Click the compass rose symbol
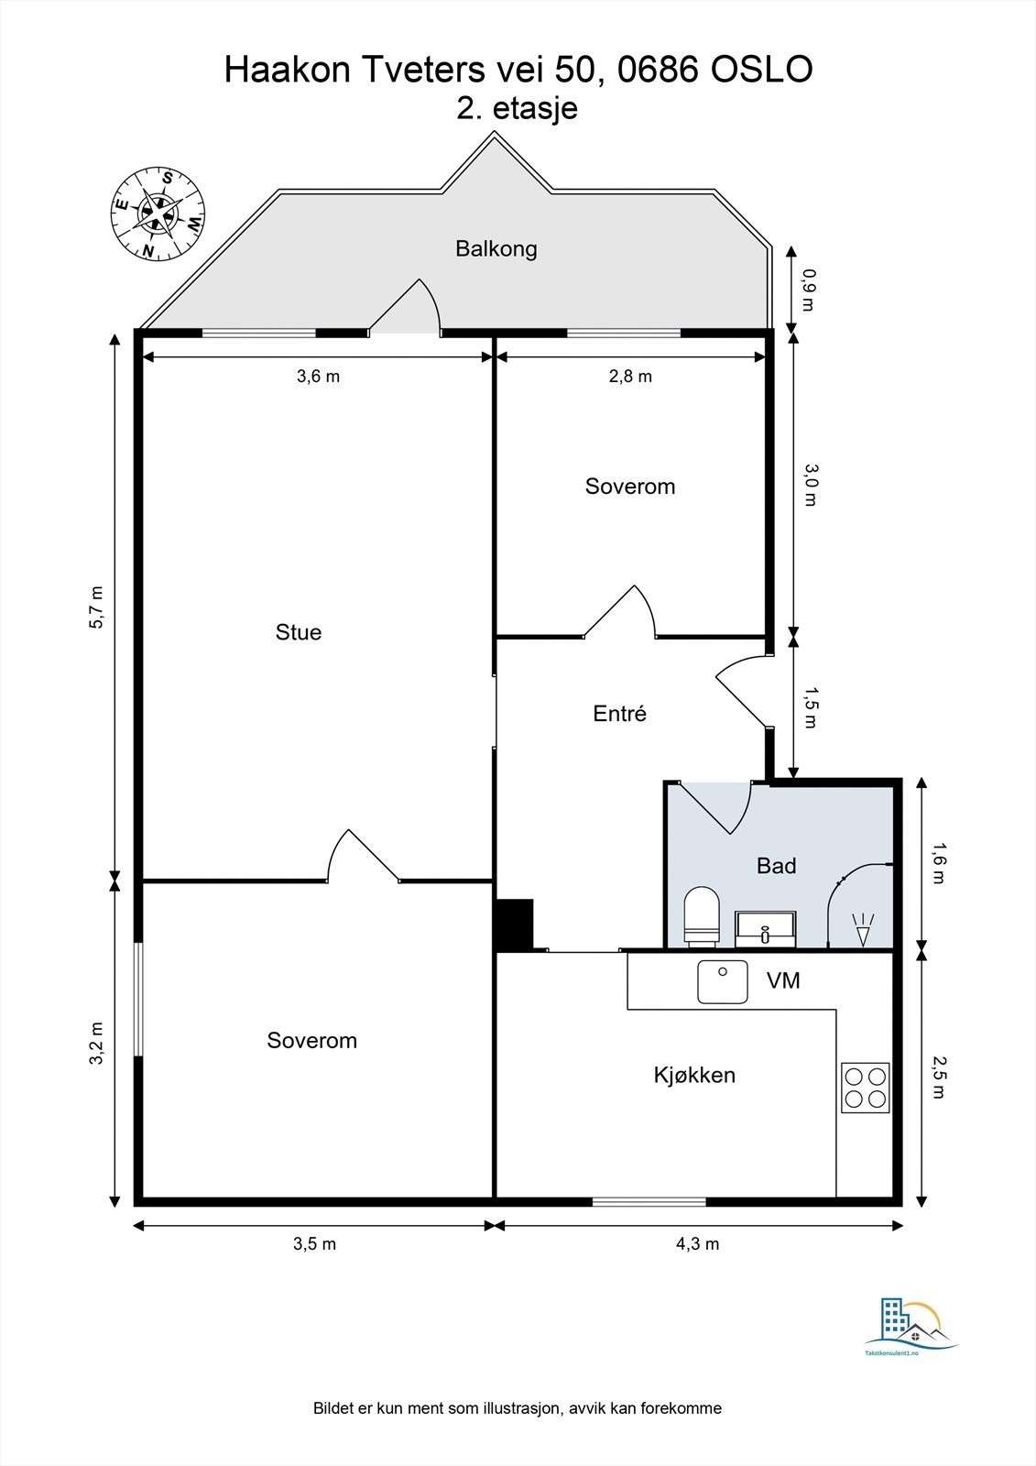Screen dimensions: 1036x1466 click(x=157, y=213)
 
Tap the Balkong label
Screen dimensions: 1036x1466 click(x=496, y=248)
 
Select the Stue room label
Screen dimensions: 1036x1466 click(x=299, y=632)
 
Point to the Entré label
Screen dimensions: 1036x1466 click(x=620, y=713)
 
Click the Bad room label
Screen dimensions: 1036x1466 click(x=776, y=866)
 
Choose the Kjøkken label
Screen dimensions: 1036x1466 click(x=694, y=1075)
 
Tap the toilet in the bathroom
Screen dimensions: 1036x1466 click(x=702, y=916)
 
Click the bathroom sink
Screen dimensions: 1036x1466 click(x=765, y=929)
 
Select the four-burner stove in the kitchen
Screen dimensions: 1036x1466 click(x=866, y=1087)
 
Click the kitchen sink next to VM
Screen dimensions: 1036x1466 click(x=723, y=981)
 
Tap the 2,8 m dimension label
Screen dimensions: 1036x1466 click(x=630, y=377)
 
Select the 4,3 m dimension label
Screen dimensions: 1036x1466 click(x=697, y=1243)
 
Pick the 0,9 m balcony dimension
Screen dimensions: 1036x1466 click(x=809, y=290)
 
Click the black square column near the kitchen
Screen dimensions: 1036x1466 click(x=514, y=924)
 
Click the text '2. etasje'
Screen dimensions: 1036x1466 click(x=517, y=108)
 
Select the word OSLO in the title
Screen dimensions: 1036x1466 click(x=762, y=70)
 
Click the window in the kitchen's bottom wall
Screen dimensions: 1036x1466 click(x=649, y=1201)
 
